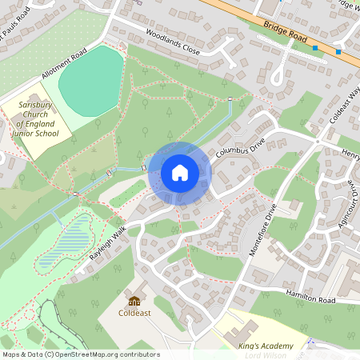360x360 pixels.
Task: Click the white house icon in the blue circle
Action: coord(180,173)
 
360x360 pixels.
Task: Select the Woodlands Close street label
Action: coord(173,41)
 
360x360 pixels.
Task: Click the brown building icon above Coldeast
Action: coord(134,301)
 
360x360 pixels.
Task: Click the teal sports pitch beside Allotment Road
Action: coord(91,79)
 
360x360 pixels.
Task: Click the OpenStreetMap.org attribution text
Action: coord(103,354)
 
